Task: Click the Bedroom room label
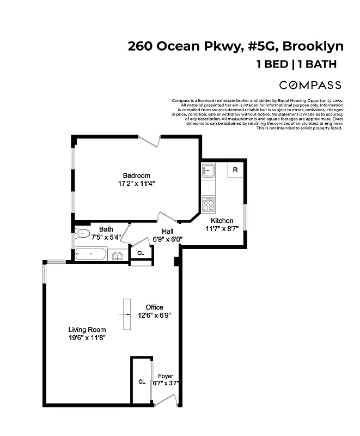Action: click(x=136, y=175)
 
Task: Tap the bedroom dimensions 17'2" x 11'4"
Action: click(x=136, y=184)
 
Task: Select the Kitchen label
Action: click(x=222, y=221)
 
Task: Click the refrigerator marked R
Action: click(x=235, y=170)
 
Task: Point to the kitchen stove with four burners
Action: click(x=208, y=204)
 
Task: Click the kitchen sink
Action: click(x=208, y=171)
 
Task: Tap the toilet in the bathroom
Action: click(x=83, y=234)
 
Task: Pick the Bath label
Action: click(x=106, y=229)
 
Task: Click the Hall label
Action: click(x=167, y=231)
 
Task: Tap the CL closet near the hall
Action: click(x=141, y=253)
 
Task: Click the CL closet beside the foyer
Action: click(x=141, y=381)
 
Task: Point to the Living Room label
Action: click(x=87, y=330)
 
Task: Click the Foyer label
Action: click(x=166, y=377)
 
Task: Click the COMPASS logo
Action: click(x=310, y=85)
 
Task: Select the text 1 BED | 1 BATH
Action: click(x=296, y=64)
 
